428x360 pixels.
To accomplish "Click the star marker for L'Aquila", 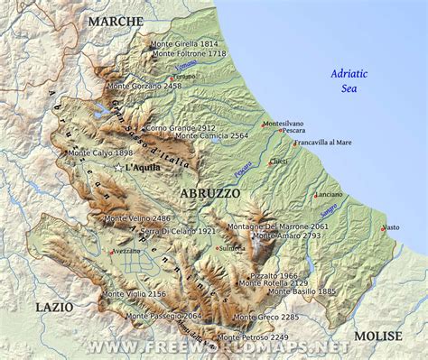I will (117, 168).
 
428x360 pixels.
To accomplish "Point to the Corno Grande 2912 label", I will (180, 128).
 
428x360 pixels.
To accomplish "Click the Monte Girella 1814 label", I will (184, 43).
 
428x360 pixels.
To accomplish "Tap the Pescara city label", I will (293, 131).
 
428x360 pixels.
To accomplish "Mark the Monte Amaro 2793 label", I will (286, 235).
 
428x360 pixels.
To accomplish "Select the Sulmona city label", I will (231, 247).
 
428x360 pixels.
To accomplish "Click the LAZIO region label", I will (53, 308).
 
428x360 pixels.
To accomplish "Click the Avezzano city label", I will (125, 251).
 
